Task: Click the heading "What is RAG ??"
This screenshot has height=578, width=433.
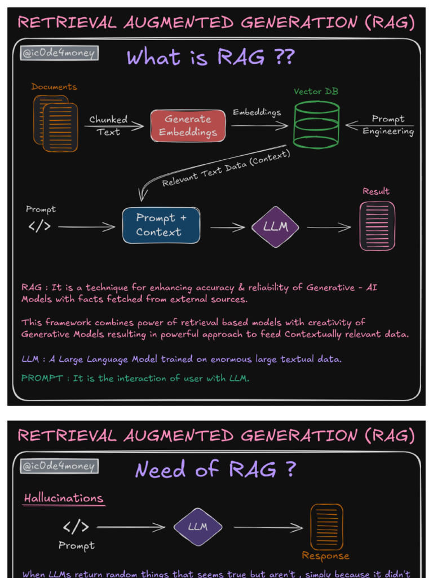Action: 210,58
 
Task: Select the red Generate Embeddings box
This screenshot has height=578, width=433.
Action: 188,126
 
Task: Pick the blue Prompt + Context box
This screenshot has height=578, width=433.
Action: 161,225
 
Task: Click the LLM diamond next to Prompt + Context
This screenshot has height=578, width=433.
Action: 275,227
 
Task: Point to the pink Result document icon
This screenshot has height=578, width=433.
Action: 377,226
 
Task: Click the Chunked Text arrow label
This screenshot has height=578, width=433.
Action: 108,125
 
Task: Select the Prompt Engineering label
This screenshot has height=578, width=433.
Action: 388,125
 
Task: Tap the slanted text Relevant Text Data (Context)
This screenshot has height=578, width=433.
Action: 226,168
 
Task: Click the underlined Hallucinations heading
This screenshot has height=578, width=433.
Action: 64,498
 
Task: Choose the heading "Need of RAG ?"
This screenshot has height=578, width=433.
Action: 215,470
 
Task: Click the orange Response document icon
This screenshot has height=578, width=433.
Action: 326,527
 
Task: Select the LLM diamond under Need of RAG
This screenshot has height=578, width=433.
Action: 197,527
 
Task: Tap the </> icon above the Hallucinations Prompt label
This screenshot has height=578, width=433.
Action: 76,527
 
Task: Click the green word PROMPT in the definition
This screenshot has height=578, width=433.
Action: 42,378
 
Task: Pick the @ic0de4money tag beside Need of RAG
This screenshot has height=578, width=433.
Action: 59,466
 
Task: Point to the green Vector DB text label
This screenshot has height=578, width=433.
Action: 316,91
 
